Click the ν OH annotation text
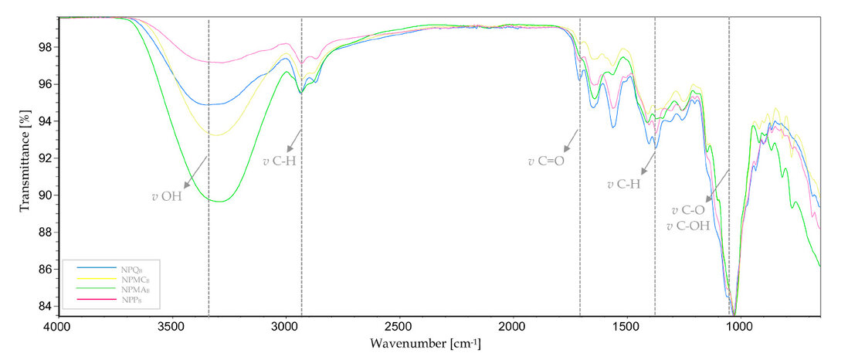166,196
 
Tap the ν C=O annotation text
546,162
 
